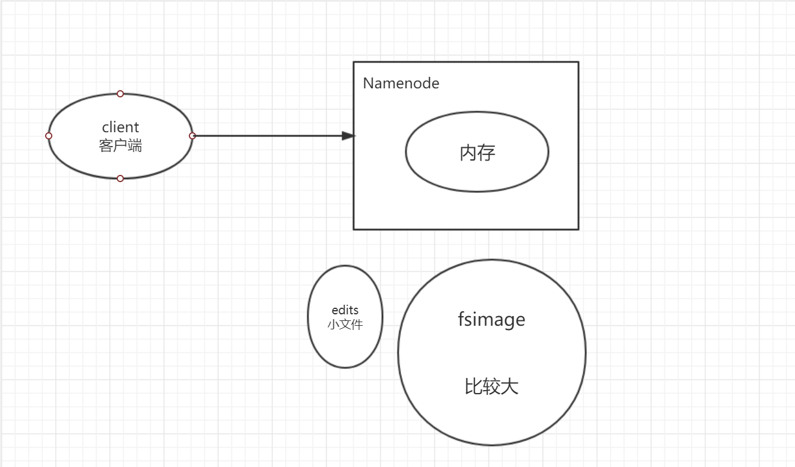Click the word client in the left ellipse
[x=120, y=127]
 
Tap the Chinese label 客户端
[x=120, y=145]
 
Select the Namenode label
[x=401, y=84]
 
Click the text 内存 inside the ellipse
[x=477, y=153]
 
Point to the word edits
[x=345, y=310]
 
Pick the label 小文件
[x=345, y=324]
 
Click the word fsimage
[x=491, y=319]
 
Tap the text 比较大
[x=491, y=386]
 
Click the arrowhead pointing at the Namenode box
[x=348, y=136]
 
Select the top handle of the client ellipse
[x=120, y=94]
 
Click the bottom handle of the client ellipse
[x=120, y=179]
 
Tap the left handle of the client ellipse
[x=49, y=136]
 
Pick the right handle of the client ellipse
[x=192, y=136]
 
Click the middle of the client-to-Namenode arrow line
[x=271, y=136]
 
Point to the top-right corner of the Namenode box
[x=578, y=62]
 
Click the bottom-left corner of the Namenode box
[x=354, y=229]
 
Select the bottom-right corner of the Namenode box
[x=578, y=229]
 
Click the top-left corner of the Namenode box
[x=354, y=62]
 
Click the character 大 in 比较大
[x=509, y=386]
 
